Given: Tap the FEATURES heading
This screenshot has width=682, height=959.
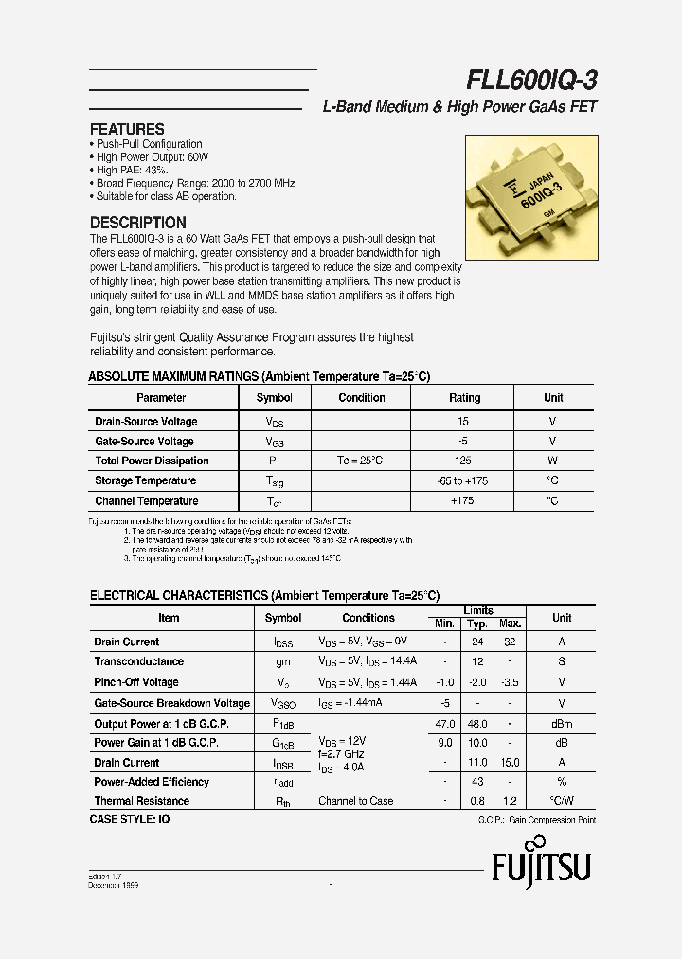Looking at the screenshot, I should [127, 129].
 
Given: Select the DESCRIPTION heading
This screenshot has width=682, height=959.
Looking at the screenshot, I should [137, 223].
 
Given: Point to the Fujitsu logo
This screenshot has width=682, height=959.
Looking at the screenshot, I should [541, 860].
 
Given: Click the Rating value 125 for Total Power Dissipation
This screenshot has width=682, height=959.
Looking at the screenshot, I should [464, 461].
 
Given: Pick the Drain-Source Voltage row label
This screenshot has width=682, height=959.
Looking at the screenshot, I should [146, 421].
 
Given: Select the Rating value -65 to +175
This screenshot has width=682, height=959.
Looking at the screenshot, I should [464, 480].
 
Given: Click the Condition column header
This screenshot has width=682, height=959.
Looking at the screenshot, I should [362, 398].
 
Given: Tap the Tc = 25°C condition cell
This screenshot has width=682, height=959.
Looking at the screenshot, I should [362, 461].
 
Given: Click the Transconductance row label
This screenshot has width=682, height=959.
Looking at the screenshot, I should [139, 661].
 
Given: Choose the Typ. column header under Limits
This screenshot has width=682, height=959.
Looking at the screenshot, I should [478, 624].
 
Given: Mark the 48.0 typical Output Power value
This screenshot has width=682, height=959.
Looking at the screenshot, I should [478, 723].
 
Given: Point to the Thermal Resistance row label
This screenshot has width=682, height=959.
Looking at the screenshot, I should [141, 801].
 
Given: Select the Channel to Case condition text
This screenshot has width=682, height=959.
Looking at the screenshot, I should [356, 801].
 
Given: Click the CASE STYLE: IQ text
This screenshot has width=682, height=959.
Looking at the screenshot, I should [130, 817].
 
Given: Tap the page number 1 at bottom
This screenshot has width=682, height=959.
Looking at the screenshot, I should [331, 888].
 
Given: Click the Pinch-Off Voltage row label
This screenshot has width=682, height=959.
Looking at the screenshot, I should [136, 682].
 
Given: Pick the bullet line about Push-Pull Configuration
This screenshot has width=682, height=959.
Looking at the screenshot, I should [149, 144].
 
